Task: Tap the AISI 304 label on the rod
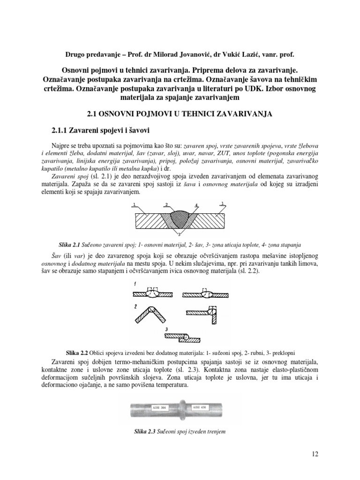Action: click(x=160, y=407)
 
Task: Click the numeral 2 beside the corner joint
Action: click(x=135, y=307)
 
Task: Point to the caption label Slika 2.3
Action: click(x=144, y=431)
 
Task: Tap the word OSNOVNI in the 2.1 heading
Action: click(x=124, y=113)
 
